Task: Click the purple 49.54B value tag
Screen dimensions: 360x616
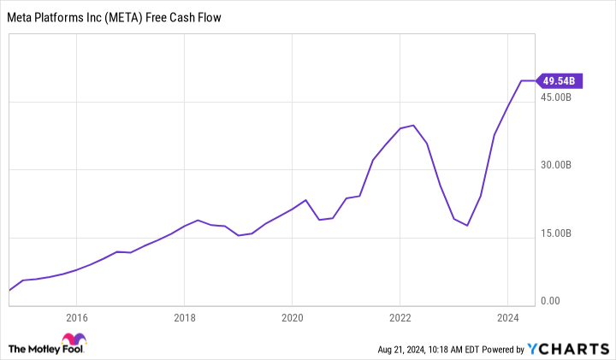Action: (x=561, y=81)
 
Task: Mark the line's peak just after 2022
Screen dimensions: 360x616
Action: (x=413, y=125)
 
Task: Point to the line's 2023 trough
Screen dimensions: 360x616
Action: (x=467, y=226)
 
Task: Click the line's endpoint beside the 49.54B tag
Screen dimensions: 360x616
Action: (x=535, y=81)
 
